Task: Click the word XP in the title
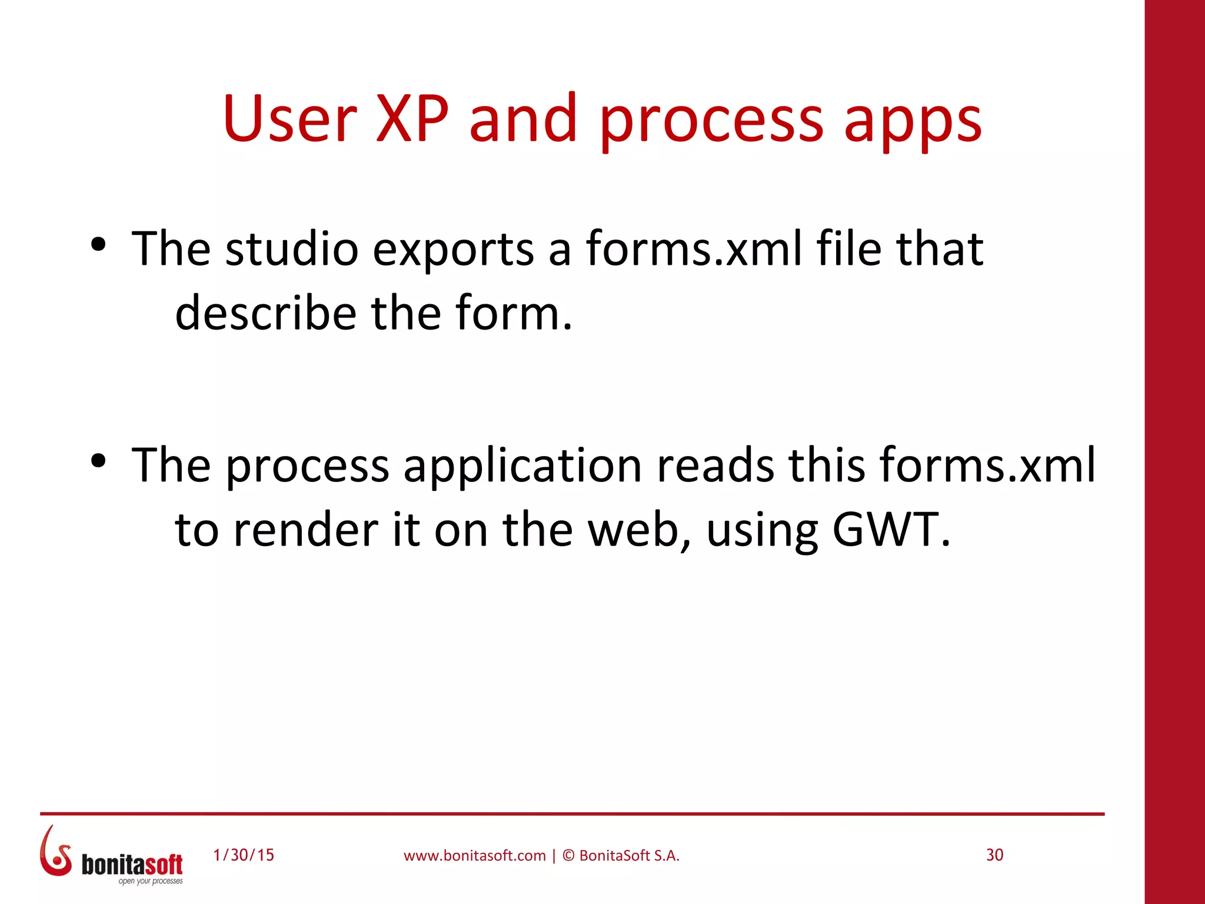[x=412, y=119]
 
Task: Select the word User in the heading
[x=290, y=119]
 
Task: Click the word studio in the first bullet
[x=292, y=248]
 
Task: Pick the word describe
[x=265, y=313]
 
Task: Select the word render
[x=305, y=530]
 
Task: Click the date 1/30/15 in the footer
[x=244, y=855]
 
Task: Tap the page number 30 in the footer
[x=994, y=855]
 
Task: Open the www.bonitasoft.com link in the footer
[x=474, y=856]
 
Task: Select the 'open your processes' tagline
[x=151, y=882]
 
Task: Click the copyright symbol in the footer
[x=568, y=856]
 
